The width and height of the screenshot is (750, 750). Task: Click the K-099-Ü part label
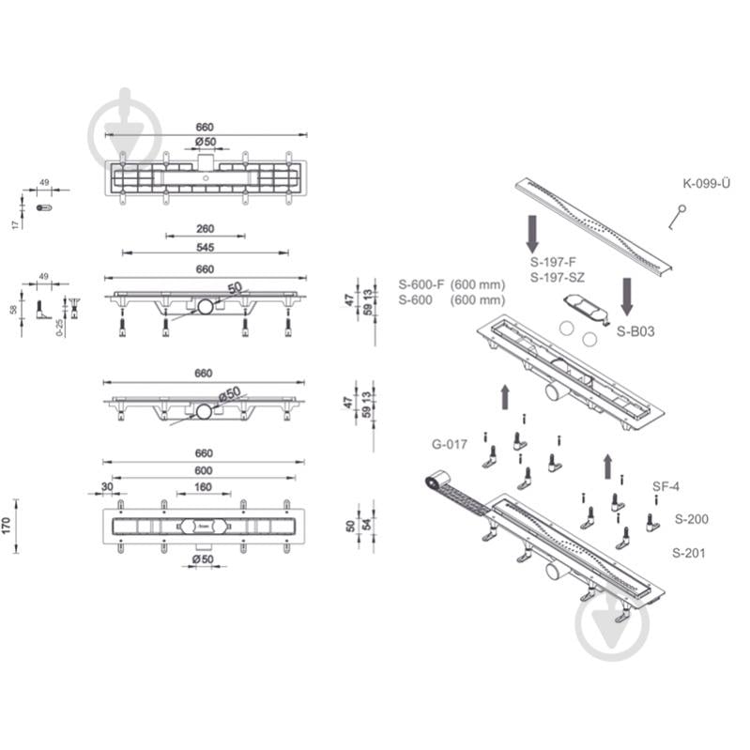[x=706, y=184]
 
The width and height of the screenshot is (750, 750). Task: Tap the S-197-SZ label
[x=558, y=278]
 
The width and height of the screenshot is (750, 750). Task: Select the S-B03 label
[x=635, y=331]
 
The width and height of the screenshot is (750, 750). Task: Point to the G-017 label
[x=449, y=444]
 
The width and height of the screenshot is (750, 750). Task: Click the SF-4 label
[x=666, y=486]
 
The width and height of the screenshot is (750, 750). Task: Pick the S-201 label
[x=688, y=553]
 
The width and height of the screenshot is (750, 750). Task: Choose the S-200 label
[x=691, y=519]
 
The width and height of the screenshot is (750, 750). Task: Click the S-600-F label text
[x=421, y=284]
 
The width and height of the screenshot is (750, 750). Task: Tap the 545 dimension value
[x=206, y=247]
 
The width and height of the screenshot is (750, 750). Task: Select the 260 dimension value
[x=206, y=229]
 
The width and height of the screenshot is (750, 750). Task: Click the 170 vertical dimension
[x=7, y=526]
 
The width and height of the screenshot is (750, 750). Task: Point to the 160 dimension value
[x=204, y=487]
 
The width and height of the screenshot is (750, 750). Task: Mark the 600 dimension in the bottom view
[x=204, y=470]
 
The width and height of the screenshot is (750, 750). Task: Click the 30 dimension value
[x=107, y=486]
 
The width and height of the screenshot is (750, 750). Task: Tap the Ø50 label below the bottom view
[x=204, y=559]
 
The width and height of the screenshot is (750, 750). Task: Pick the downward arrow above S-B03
[x=627, y=297]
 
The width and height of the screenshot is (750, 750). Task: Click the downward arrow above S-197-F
[x=532, y=235]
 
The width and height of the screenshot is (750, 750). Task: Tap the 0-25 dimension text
[x=60, y=328]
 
